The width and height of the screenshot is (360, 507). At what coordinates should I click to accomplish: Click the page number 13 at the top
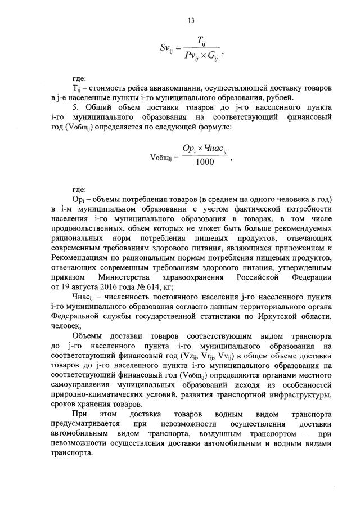[x=191, y=21]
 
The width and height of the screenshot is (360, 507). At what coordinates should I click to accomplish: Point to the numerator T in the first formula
[x=200, y=40]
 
